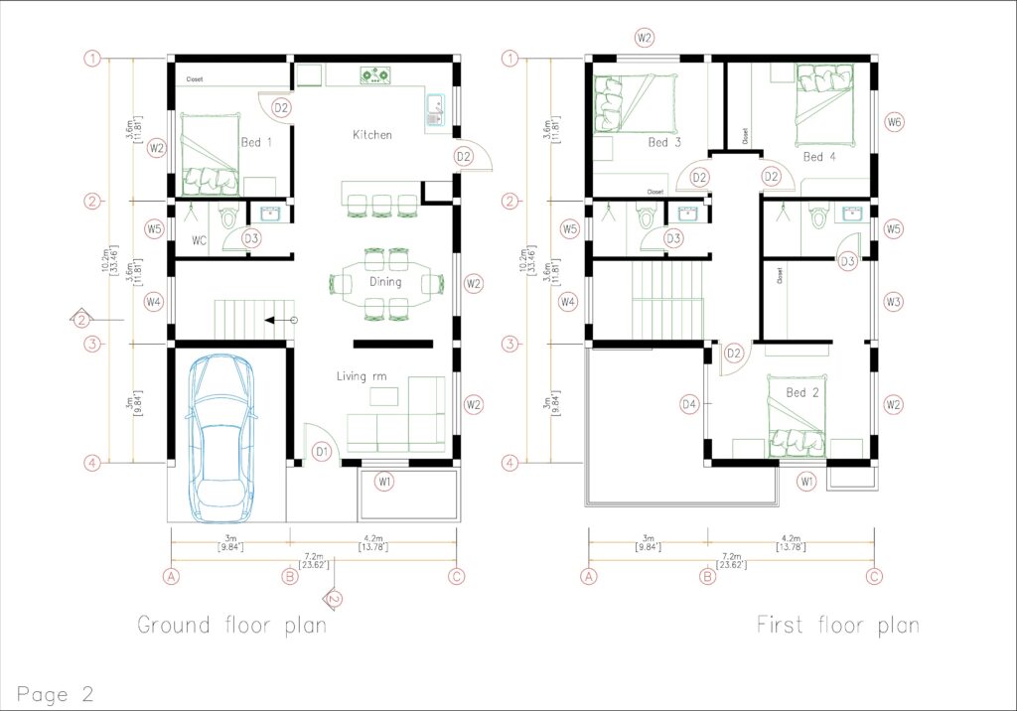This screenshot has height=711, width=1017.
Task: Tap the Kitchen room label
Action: (x=372, y=134)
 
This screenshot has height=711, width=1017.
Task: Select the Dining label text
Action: (x=385, y=282)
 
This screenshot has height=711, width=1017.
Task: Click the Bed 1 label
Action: (x=256, y=143)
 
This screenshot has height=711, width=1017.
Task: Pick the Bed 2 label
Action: (x=802, y=393)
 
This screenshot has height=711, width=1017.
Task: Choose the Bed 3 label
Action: (x=664, y=143)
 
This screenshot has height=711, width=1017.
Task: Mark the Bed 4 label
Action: (x=819, y=157)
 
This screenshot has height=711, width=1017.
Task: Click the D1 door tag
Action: (x=322, y=452)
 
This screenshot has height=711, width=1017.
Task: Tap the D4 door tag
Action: (x=690, y=404)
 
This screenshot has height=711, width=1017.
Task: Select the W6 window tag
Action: (x=895, y=122)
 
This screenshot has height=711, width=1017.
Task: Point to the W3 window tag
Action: (x=894, y=301)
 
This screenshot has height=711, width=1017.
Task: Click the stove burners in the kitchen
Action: (x=375, y=73)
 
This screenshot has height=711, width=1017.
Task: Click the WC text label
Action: (x=199, y=240)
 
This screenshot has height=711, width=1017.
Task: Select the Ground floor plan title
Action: (x=231, y=626)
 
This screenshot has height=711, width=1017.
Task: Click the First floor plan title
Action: (x=837, y=626)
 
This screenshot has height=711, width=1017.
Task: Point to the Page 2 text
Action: (x=56, y=693)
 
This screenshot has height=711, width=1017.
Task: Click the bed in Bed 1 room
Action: (x=209, y=154)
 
